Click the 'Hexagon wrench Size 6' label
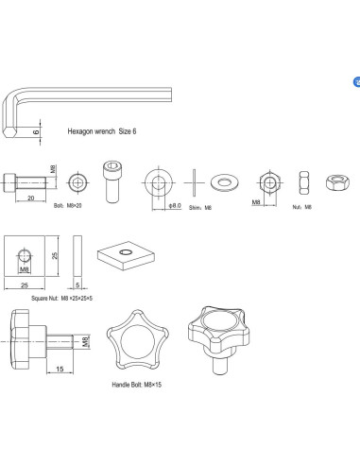click(102, 131)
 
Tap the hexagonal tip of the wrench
click(9, 131)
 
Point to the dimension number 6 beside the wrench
click(36, 132)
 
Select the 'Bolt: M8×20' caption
click(68, 206)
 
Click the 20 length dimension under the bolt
click(30, 198)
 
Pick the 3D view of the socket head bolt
click(112, 181)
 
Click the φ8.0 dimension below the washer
click(175, 206)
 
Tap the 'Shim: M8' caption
click(200, 208)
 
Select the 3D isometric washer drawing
click(225, 182)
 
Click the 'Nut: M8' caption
click(301, 207)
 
